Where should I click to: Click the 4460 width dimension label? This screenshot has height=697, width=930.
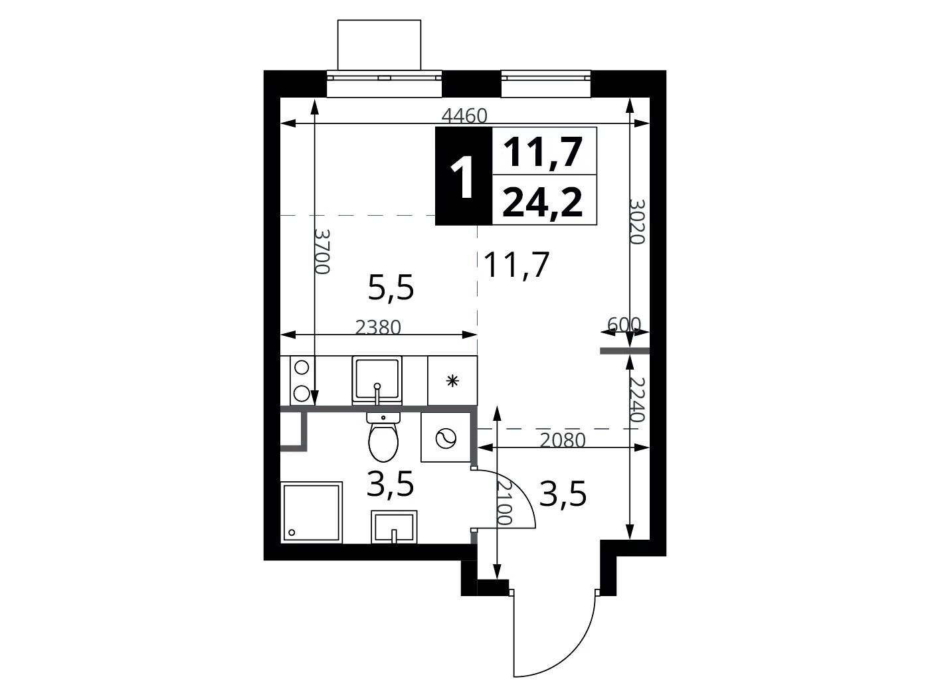(x=464, y=116)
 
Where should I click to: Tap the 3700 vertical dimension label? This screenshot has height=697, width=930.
(x=322, y=252)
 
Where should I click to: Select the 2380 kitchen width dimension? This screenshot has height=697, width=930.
(x=378, y=327)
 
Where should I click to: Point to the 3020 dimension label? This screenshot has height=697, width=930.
(x=637, y=221)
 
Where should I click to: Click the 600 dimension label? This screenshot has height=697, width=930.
(x=624, y=324)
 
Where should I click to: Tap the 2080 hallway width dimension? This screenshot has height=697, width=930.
(x=563, y=441)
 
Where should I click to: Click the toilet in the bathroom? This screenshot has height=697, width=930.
(x=383, y=436)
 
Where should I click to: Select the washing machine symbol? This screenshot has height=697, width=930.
(x=446, y=437)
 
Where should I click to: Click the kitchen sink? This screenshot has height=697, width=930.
(x=376, y=380)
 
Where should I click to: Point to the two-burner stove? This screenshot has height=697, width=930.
(x=301, y=380)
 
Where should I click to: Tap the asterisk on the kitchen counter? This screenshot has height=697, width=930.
(x=453, y=381)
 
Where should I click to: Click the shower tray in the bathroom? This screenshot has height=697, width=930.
(x=312, y=512)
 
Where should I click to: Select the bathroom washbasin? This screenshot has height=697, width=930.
(x=394, y=526)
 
